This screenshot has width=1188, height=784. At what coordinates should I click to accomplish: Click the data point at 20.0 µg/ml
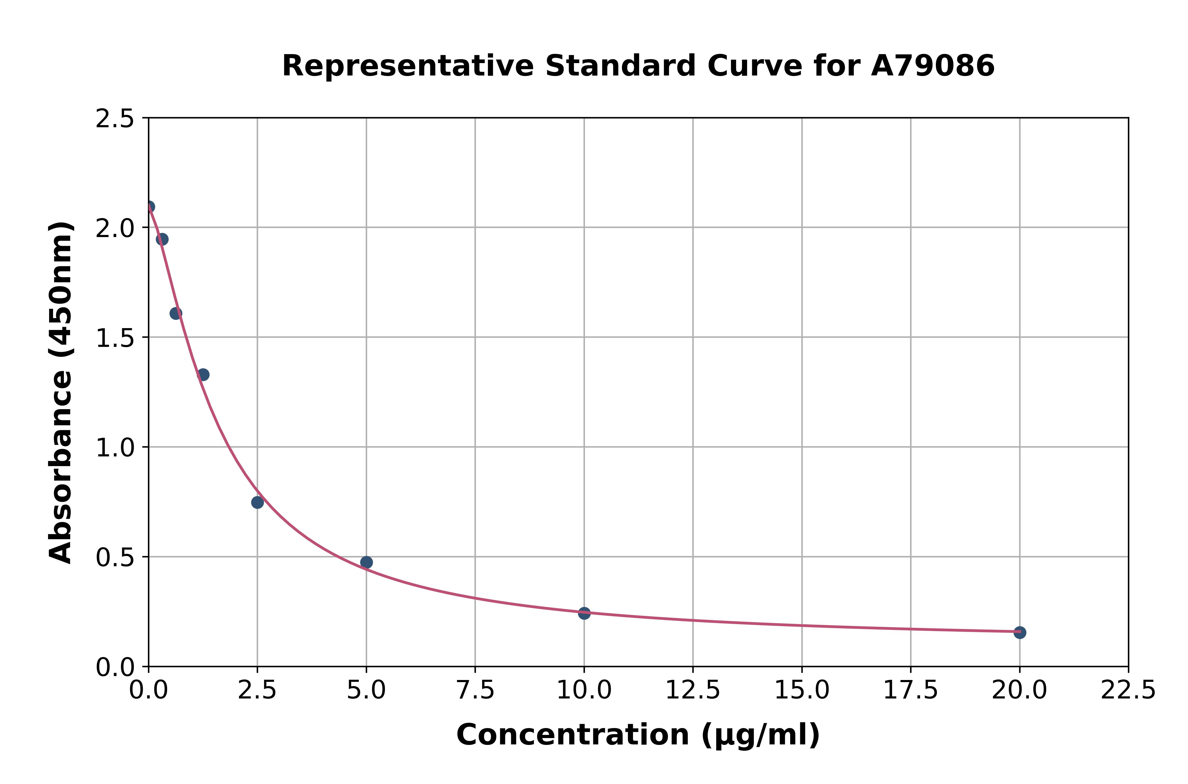[1020, 632]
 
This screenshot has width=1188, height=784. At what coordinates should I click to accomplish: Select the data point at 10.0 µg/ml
[584, 613]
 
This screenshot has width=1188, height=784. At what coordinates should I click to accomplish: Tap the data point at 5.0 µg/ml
[366, 563]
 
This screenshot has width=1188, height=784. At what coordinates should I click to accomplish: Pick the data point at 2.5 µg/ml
[257, 503]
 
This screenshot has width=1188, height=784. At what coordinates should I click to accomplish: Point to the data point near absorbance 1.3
[203, 375]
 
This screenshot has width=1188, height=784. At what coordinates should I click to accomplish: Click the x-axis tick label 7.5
[475, 691]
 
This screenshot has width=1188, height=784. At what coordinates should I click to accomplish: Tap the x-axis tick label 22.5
[1128, 691]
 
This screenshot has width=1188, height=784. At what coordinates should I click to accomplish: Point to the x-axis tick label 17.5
[911, 691]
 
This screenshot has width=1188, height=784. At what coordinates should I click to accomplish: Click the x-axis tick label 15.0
[802, 691]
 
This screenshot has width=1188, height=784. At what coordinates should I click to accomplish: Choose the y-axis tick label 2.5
[115, 119]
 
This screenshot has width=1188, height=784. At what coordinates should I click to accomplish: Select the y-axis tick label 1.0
[115, 448]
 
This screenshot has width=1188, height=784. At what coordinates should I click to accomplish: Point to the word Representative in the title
[408, 66]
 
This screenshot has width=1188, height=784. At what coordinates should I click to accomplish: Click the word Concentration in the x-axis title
[573, 735]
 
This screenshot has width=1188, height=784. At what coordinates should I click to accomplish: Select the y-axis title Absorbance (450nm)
[61, 393]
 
